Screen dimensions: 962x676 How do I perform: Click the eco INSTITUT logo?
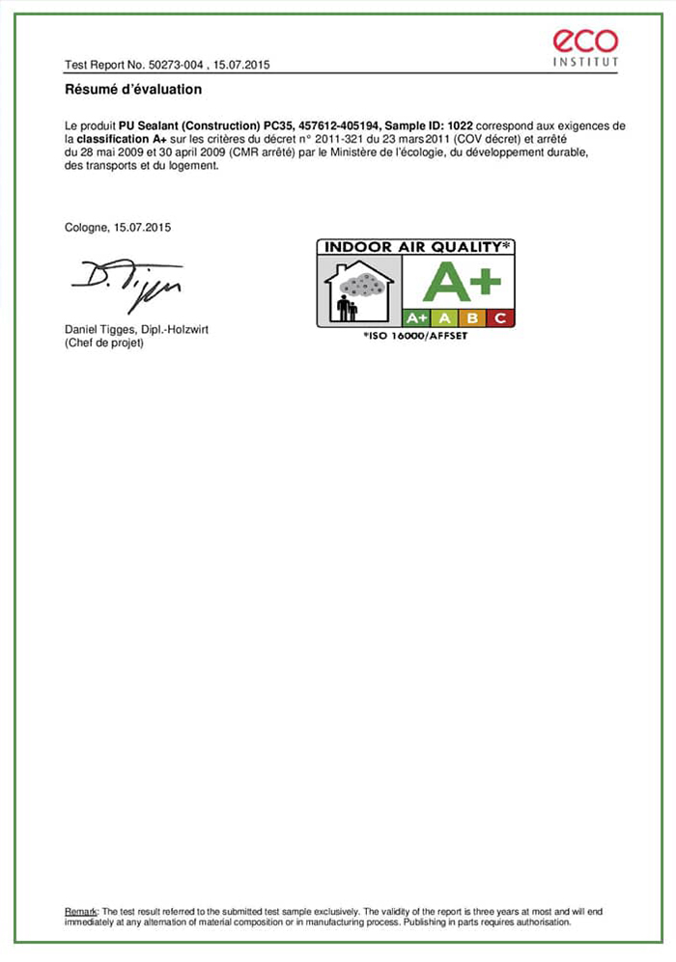(x=585, y=47)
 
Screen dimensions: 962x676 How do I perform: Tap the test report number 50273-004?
(x=173, y=65)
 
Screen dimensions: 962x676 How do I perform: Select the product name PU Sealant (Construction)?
(x=189, y=126)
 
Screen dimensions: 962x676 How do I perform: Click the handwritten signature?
(x=125, y=283)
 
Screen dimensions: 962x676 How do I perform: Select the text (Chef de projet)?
(x=103, y=342)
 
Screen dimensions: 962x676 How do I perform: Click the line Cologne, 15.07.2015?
(x=117, y=227)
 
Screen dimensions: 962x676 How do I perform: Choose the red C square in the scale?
(x=500, y=317)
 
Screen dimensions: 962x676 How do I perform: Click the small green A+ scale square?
(x=416, y=317)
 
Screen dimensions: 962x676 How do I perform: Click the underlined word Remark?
(x=80, y=911)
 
